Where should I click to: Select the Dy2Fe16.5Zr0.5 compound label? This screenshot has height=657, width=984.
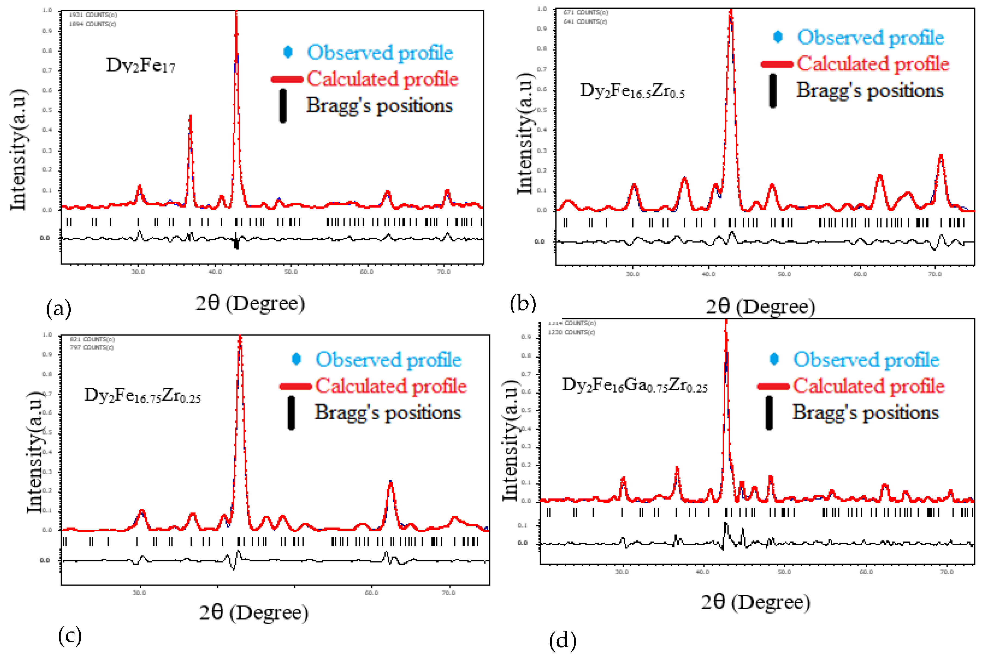pyautogui.click(x=632, y=91)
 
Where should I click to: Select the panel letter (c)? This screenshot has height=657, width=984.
pyautogui.click(x=70, y=636)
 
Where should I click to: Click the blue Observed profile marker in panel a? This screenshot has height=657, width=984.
pyautogui.click(x=288, y=52)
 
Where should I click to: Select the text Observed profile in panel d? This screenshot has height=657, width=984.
pyautogui.click(x=866, y=360)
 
